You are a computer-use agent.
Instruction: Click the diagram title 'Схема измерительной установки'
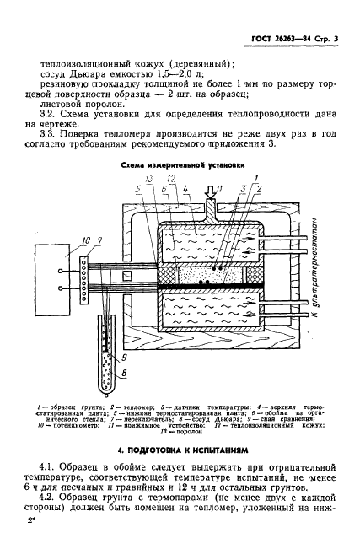coord(183,166)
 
